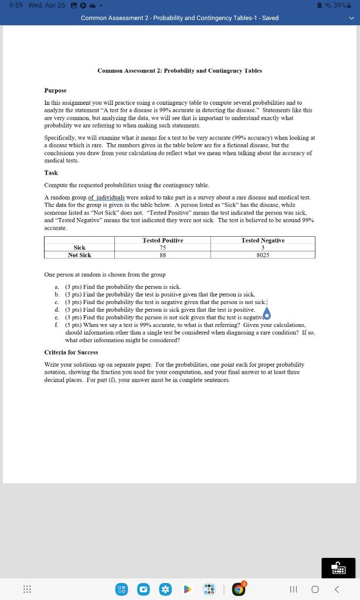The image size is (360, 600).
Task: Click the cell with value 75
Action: click(x=162, y=248)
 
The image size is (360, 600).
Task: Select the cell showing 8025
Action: click(x=263, y=255)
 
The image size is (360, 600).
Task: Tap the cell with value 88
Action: click(x=162, y=255)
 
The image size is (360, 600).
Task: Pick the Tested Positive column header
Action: click(x=162, y=240)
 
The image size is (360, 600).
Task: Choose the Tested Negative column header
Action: click(x=263, y=240)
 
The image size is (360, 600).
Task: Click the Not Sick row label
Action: click(x=80, y=255)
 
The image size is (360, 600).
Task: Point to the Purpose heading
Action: click(x=56, y=91)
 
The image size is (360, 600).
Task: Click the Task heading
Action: click(x=51, y=173)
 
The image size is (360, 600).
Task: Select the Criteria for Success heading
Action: click(x=71, y=352)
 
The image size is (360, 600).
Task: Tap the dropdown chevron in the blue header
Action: click(x=351, y=18)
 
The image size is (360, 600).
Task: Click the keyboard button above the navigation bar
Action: click(x=338, y=567)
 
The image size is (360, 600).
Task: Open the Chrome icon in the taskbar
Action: click(x=237, y=588)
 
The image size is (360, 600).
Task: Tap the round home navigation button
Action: click(x=315, y=588)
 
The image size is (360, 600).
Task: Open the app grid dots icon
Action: click(x=26, y=588)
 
